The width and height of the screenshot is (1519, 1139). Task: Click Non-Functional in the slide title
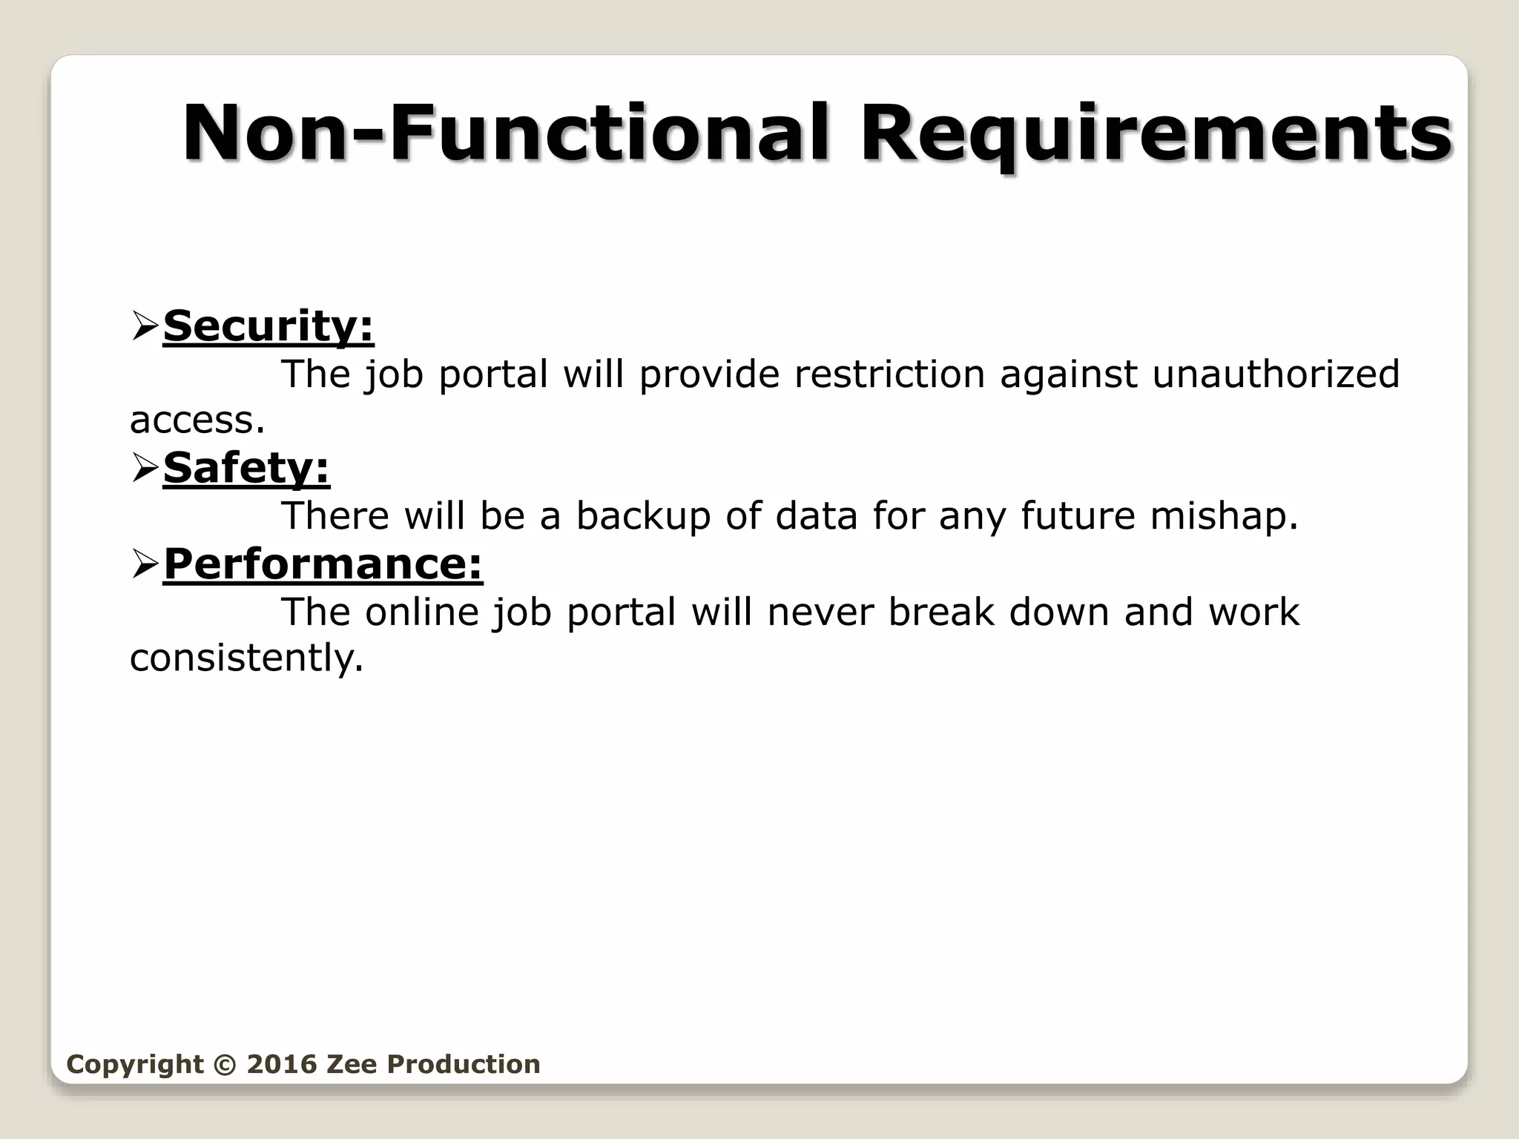[x=504, y=133]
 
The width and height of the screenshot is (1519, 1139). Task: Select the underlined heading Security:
[x=268, y=326]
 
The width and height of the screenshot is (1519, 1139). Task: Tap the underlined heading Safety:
[x=246, y=469]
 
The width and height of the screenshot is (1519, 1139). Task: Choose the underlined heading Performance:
[x=323, y=564]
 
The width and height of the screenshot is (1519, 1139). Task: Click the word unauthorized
[x=1275, y=374]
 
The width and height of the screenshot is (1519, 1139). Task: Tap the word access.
[x=197, y=421]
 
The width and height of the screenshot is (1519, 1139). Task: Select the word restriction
[x=889, y=374]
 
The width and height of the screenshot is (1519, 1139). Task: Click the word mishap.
[x=1224, y=516]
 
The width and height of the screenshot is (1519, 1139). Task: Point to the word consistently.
[x=246, y=658]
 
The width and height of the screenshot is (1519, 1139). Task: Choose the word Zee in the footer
[x=352, y=1064]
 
